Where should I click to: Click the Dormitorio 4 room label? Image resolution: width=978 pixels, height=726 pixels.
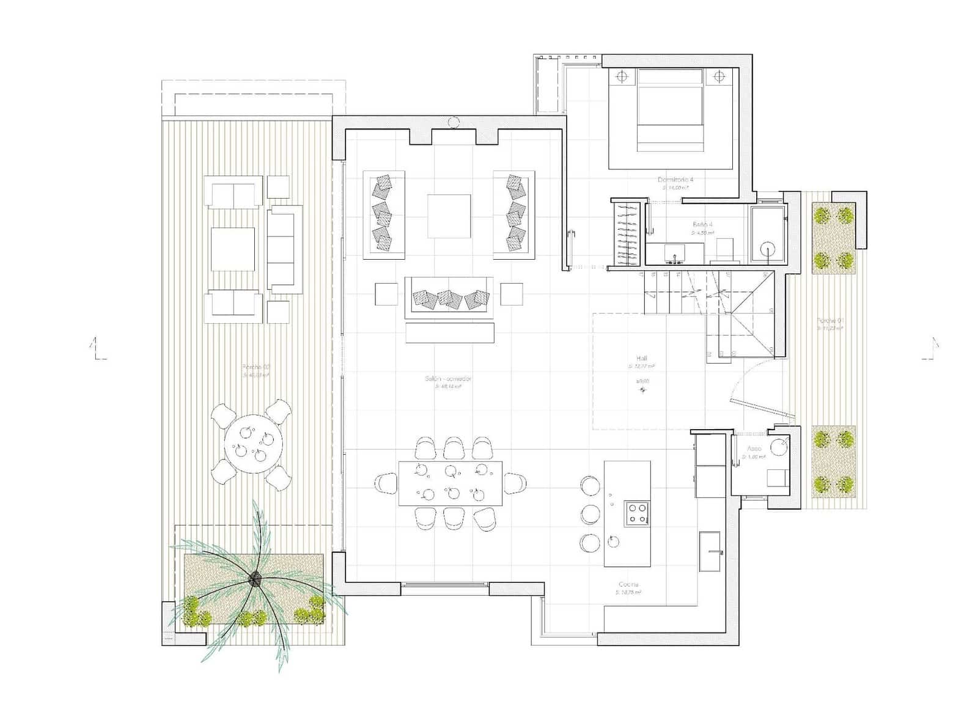pyautogui.click(x=675, y=180)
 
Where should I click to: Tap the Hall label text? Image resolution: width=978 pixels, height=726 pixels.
pyautogui.click(x=641, y=359)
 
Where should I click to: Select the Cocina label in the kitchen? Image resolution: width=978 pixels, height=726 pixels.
pyautogui.click(x=628, y=585)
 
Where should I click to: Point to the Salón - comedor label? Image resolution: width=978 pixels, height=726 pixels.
pyautogui.click(x=448, y=379)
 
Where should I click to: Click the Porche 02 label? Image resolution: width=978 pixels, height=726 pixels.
pyautogui.click(x=256, y=367)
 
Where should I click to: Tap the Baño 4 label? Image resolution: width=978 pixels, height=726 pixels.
pyautogui.click(x=702, y=224)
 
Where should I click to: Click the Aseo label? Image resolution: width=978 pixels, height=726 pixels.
pyautogui.click(x=754, y=449)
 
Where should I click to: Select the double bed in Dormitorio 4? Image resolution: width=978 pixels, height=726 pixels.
pyautogui.click(x=670, y=110)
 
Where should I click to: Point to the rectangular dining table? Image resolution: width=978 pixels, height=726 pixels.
pyautogui.click(x=450, y=483)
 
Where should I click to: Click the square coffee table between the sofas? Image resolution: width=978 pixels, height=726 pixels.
pyautogui.click(x=449, y=216)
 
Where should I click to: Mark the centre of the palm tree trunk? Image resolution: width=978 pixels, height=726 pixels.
pyautogui.click(x=254, y=577)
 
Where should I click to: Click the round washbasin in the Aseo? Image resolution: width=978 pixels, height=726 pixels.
pyautogui.click(x=778, y=447)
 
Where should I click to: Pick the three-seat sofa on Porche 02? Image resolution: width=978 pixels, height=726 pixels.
pyautogui.click(x=285, y=249)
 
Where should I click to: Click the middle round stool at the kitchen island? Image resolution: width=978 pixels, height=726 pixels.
pyautogui.click(x=590, y=514)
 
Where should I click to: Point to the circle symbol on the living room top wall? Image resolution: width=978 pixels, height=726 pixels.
pyautogui.click(x=453, y=123)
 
